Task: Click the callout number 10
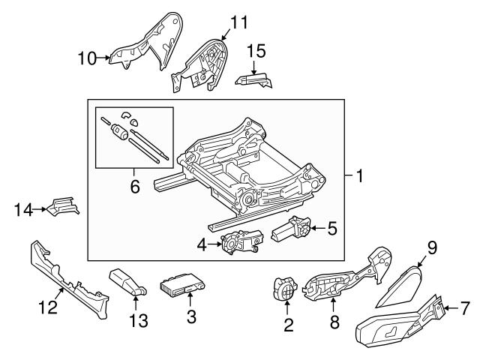pyautogui.click(x=87, y=57)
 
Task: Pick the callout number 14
pyautogui.click(x=23, y=211)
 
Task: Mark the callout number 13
pyautogui.click(x=137, y=321)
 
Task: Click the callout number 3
pyautogui.click(x=190, y=316)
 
